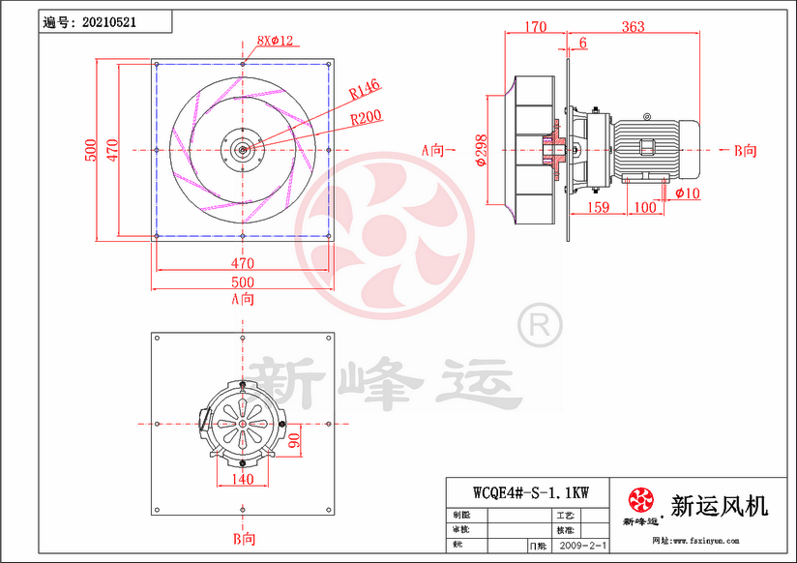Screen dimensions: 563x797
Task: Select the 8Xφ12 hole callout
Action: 275,41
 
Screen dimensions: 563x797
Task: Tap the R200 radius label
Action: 366,117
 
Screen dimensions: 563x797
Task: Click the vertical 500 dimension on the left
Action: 90,149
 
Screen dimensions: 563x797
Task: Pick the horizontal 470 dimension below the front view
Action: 242,262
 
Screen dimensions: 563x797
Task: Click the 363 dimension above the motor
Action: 633,27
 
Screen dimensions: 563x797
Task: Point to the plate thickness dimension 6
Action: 583,44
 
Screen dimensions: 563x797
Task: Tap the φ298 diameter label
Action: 481,149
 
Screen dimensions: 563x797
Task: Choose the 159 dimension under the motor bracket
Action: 599,207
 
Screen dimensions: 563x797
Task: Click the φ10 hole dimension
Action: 688,193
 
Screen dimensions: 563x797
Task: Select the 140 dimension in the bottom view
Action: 242,479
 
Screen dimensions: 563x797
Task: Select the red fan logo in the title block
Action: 640,501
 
